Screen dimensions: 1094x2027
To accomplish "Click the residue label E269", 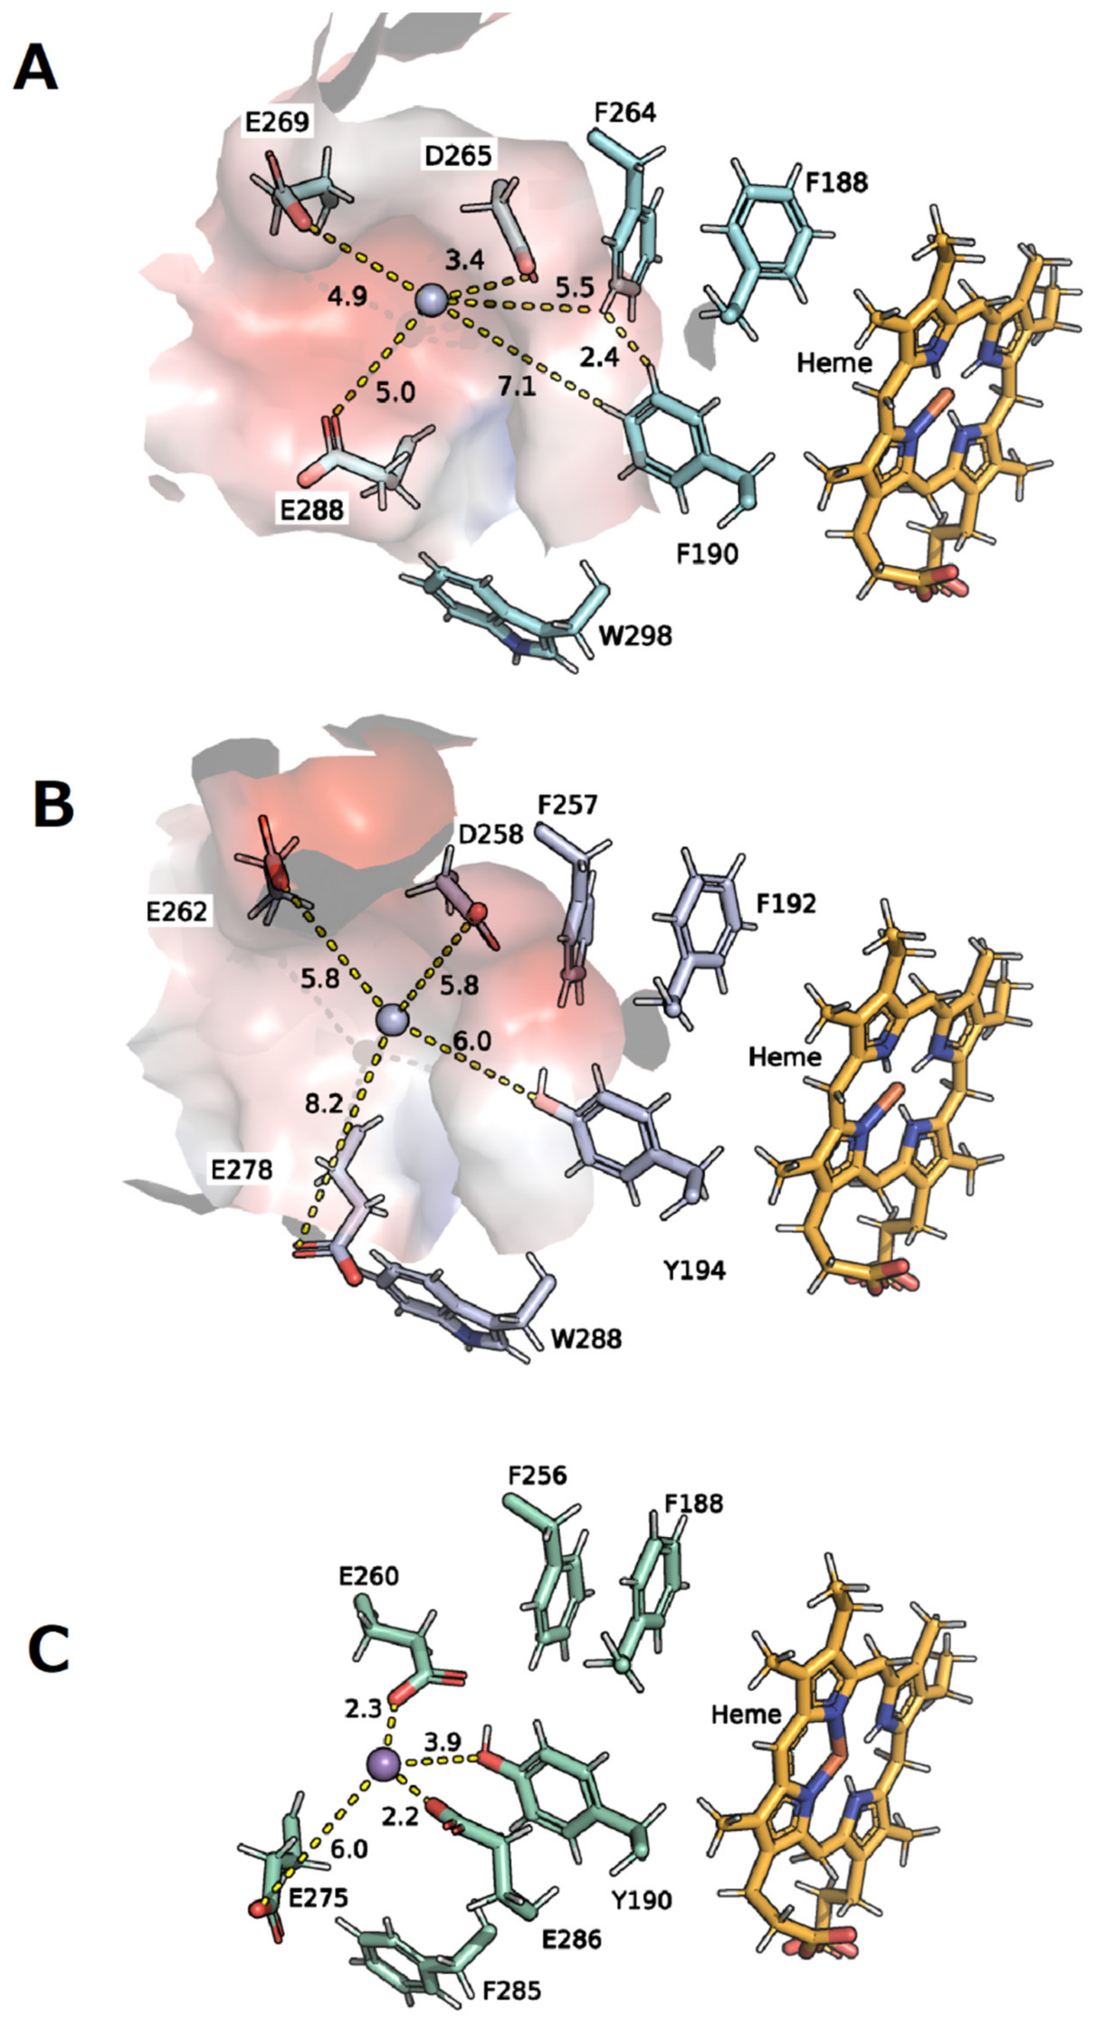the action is pyautogui.click(x=276, y=123).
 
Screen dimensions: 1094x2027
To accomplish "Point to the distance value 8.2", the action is pyautogui.click(x=324, y=1104).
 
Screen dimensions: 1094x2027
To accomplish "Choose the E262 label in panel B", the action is pyautogui.click(x=176, y=911).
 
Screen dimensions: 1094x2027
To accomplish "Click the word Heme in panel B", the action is pyautogui.click(x=784, y=1056).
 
